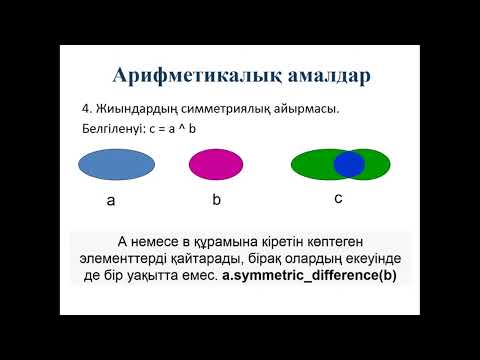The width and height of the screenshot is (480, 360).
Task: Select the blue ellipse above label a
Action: [112, 163]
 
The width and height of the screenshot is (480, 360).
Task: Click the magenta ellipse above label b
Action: [216, 163]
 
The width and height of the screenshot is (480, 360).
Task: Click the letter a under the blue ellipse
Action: [112, 201]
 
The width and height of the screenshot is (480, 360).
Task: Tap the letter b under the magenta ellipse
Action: [216, 200]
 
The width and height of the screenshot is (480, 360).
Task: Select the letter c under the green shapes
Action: [338, 198]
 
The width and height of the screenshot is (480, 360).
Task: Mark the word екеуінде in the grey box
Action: [372, 257]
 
